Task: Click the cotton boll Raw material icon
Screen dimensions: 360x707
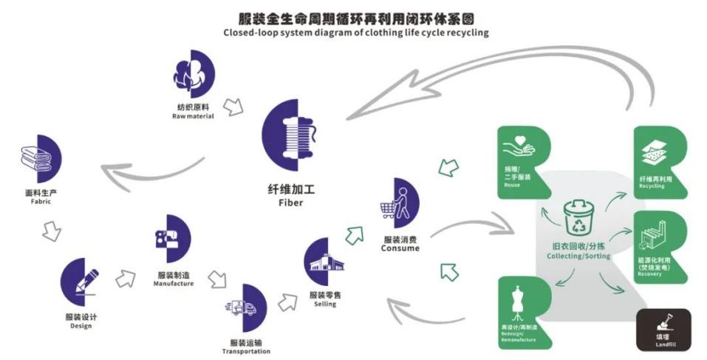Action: click(194, 75)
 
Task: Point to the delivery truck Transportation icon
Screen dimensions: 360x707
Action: click(244, 307)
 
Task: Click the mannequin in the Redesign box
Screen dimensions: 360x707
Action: click(518, 302)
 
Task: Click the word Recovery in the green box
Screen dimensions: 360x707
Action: click(649, 274)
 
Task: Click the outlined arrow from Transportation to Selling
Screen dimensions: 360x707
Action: click(287, 301)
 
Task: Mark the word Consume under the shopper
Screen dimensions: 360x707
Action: click(401, 248)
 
